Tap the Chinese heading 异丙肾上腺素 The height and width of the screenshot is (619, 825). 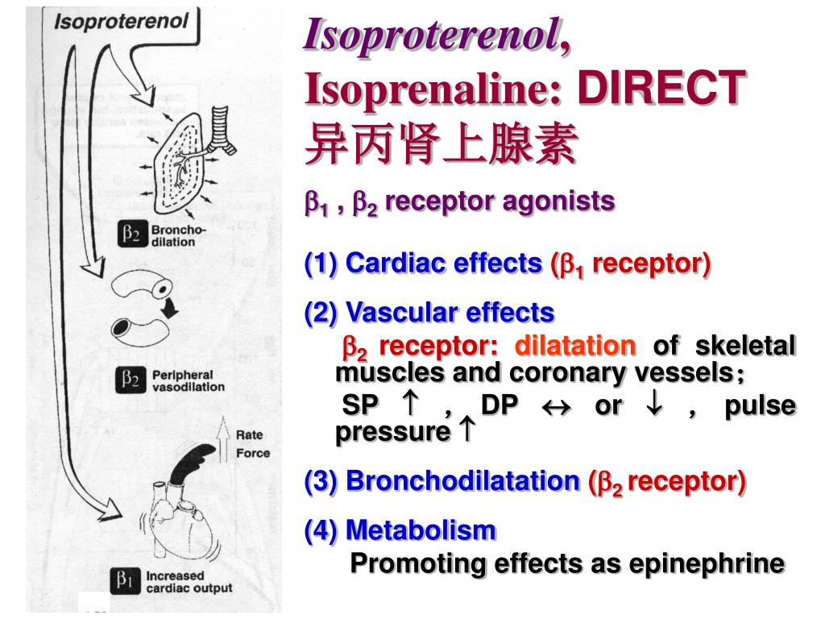(442, 144)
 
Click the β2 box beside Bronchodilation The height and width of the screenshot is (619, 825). (131, 235)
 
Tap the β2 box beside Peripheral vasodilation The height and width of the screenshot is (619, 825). (131, 379)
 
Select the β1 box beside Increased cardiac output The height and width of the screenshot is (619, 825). (126, 580)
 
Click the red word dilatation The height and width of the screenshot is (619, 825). (575, 347)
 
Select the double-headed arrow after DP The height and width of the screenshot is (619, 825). (555, 405)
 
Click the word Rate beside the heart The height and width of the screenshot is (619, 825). (249, 435)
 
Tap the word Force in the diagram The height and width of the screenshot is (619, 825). (252, 453)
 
